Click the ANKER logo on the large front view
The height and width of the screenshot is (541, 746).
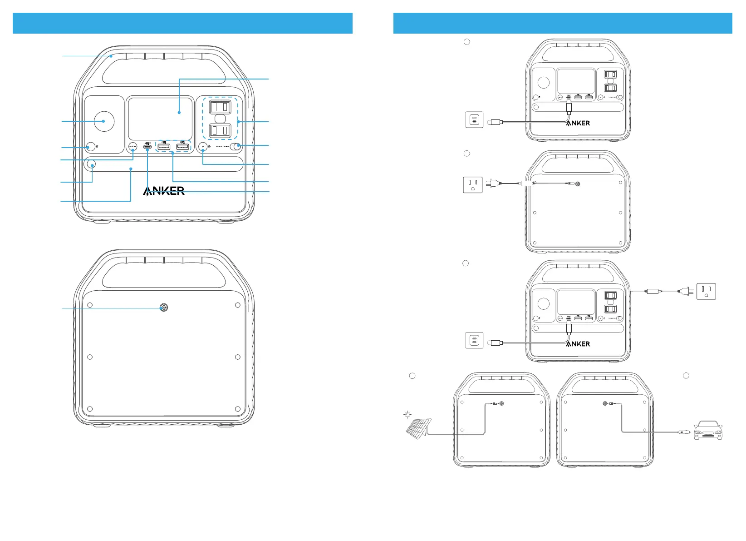pos(164,191)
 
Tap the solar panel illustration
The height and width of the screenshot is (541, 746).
pos(418,428)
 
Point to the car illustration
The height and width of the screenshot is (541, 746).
pos(708,430)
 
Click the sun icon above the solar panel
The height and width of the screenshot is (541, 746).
pos(407,414)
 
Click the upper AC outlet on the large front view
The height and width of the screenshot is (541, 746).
pos(220,107)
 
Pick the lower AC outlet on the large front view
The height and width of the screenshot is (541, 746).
pos(220,131)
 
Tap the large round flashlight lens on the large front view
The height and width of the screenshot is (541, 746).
pos(104,121)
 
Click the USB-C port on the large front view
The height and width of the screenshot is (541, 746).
pos(147,147)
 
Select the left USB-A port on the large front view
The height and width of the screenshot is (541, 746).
pos(164,147)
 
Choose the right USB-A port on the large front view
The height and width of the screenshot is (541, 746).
pos(182,147)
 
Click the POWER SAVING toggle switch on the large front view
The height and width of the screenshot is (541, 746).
pos(235,146)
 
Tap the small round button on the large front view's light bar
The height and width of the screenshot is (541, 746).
pos(92,164)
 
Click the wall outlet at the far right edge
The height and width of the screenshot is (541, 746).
pos(706,291)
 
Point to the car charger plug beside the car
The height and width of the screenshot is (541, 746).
pos(682,432)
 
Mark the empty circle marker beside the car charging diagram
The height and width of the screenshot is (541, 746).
pos(686,375)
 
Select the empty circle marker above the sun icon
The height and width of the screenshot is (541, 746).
pos(412,376)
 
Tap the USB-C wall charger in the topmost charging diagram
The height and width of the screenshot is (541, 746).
pos(475,120)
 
